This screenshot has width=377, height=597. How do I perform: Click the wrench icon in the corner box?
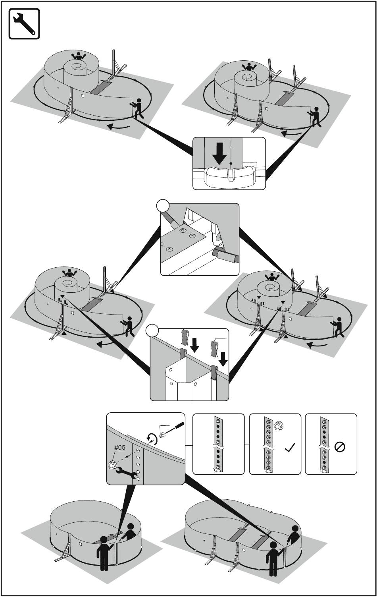point(24,24)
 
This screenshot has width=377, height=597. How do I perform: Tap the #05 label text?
point(120,447)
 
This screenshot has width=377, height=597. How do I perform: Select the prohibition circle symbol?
point(340,447)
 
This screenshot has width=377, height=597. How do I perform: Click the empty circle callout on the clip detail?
point(152,331)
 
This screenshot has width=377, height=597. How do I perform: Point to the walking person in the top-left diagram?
point(137,108)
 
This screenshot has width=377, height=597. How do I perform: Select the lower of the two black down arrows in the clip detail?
point(224,359)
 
